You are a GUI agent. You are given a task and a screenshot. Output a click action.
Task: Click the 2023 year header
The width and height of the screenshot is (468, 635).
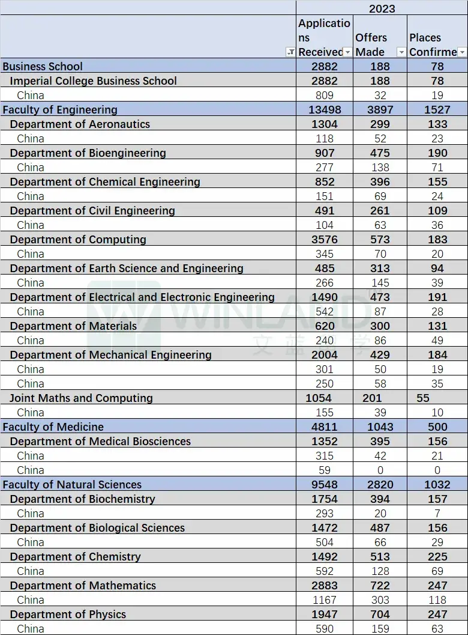382,8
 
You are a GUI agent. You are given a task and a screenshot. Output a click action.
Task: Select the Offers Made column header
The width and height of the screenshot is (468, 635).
371,44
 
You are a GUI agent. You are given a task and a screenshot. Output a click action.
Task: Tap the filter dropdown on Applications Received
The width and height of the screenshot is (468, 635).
347,52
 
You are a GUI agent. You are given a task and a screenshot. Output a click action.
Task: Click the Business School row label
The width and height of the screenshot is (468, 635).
43,66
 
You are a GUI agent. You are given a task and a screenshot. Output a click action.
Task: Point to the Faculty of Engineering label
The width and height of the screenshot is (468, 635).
60,109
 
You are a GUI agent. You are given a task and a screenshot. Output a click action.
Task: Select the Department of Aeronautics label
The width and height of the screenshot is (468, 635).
80,124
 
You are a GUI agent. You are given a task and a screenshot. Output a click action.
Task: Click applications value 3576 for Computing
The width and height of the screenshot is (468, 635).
325,239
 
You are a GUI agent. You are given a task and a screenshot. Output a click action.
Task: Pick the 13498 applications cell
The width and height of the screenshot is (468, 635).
325,109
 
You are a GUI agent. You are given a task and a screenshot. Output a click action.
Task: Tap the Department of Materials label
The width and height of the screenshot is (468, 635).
73,326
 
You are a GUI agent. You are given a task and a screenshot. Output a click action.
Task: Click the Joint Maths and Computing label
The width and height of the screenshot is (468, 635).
81,398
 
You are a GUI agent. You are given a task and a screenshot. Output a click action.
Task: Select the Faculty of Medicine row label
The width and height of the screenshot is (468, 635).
53,427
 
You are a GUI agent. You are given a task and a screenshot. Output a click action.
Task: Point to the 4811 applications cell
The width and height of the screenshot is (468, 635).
325,427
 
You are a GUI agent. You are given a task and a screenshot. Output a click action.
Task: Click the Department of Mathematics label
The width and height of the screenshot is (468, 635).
83,585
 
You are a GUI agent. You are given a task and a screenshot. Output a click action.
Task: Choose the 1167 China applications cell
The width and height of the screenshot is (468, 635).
325,600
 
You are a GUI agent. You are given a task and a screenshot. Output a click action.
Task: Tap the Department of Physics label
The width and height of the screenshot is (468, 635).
68,614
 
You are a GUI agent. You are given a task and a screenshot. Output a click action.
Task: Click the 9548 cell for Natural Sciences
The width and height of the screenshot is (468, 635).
325,484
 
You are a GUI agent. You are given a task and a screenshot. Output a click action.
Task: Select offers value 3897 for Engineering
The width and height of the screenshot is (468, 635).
380,109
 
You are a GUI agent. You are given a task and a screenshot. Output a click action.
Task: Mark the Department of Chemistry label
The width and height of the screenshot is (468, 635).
75,556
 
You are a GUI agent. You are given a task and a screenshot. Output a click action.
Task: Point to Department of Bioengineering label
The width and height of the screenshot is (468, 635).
88,153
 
